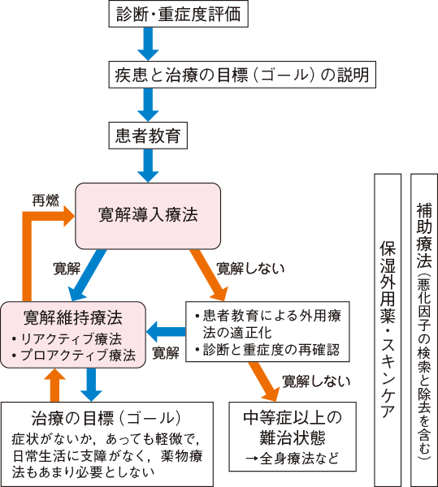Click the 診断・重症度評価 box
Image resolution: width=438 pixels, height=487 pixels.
pos(178,14)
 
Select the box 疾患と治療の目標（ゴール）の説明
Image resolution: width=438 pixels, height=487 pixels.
pos(242,75)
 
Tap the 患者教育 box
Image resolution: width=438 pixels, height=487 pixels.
pos(148,136)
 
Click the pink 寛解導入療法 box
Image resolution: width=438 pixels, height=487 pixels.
pos(148,216)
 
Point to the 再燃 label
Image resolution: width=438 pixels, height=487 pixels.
pos(46,200)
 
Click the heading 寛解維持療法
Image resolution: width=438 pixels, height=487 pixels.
pos(73,317)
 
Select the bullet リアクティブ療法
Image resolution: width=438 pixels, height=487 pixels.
pos(67,338)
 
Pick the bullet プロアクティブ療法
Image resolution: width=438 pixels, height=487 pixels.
pos(74,355)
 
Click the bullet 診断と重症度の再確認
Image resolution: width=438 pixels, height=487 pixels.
pos(267,350)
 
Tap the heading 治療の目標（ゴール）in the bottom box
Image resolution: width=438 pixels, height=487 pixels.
pos(106,418)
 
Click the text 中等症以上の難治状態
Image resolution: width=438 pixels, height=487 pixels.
pos(293,428)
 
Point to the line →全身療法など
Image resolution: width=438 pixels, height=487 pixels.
pos(293,459)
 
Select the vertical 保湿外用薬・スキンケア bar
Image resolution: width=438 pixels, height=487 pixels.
pos(388,330)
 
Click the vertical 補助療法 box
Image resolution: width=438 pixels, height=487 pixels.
pos(424,330)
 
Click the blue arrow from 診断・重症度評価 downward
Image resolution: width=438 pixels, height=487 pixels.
pos(148,44)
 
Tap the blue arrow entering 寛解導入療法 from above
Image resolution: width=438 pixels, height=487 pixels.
pos(148,166)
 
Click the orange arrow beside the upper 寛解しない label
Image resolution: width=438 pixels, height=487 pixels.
pos(209,275)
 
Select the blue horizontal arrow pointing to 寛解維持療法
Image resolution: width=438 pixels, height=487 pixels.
pos(166,332)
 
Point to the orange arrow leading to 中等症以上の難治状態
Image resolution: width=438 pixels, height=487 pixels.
pos(263,381)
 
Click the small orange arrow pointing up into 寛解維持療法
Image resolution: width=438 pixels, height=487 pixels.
pos(54,385)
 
